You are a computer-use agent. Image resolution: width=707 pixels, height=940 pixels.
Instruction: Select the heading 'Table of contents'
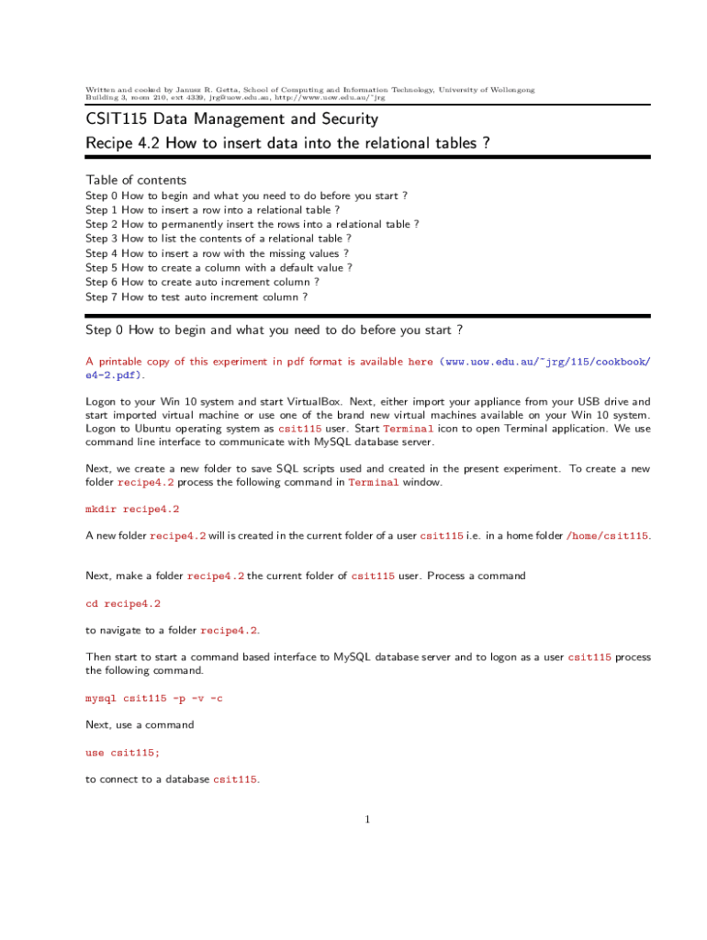[x=136, y=180]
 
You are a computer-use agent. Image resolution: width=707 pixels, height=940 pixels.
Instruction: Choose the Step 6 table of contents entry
[x=202, y=283]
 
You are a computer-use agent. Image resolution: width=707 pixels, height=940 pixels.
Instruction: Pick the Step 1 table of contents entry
[x=212, y=209]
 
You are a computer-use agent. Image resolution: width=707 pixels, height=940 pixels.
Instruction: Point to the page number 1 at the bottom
[x=367, y=820]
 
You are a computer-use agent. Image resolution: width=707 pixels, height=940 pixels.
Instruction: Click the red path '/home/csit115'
[x=608, y=535]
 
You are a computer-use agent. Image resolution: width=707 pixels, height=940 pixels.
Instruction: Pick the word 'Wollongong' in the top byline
[x=507, y=90]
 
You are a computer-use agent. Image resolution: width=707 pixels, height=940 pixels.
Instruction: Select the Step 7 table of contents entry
[x=196, y=297]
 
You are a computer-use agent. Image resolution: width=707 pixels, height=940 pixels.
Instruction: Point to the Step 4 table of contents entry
[x=217, y=253]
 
